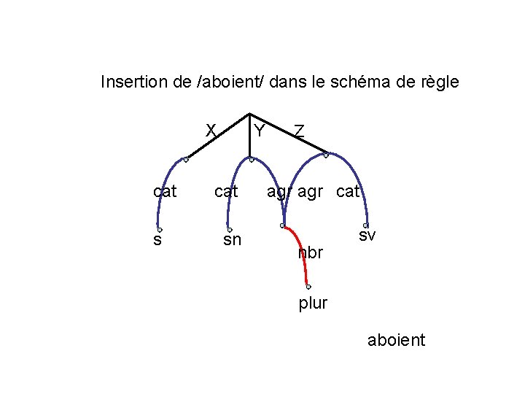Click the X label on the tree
[210, 130]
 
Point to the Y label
[258, 131]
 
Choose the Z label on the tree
[299, 131]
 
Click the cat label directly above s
[166, 192]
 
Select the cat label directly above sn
[226, 192]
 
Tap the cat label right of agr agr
[349, 193]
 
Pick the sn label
[232, 239]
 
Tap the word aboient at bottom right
[397, 341]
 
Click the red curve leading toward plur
[300, 248]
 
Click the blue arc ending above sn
[235, 175]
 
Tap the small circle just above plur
[308, 287]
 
